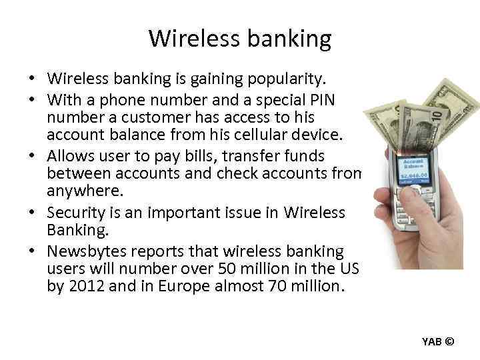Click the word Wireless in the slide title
192,39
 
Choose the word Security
73,212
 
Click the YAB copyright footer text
437,342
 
